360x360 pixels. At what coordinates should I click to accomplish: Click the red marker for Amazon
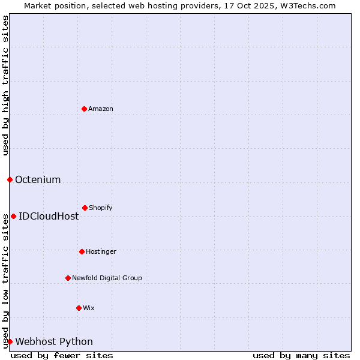(x=84, y=109)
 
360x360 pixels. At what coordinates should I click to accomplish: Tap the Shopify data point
(x=85, y=208)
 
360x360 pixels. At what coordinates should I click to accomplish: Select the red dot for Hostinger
(x=82, y=251)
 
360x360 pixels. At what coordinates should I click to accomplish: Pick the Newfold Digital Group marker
(x=68, y=278)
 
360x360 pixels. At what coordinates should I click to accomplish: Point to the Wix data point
(x=79, y=308)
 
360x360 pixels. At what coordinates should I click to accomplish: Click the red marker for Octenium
(x=10, y=179)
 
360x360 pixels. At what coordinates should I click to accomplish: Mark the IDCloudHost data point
(x=13, y=216)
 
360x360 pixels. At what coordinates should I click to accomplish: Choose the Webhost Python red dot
(x=10, y=341)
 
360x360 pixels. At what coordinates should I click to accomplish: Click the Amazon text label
(x=101, y=109)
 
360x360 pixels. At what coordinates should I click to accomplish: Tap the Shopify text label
(x=101, y=208)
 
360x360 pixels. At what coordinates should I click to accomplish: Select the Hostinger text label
(x=101, y=251)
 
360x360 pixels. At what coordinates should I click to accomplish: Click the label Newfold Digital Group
(x=107, y=278)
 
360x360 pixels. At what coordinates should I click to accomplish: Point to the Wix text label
(x=89, y=308)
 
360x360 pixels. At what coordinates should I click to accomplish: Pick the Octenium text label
(x=38, y=179)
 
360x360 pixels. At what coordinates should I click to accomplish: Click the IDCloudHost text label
(x=49, y=216)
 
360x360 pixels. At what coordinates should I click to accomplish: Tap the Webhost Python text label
(x=54, y=341)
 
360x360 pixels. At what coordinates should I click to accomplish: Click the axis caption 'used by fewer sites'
(x=62, y=355)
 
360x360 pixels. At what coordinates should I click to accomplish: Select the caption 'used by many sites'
(x=301, y=355)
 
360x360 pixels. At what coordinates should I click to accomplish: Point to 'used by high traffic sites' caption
(x=5, y=85)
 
